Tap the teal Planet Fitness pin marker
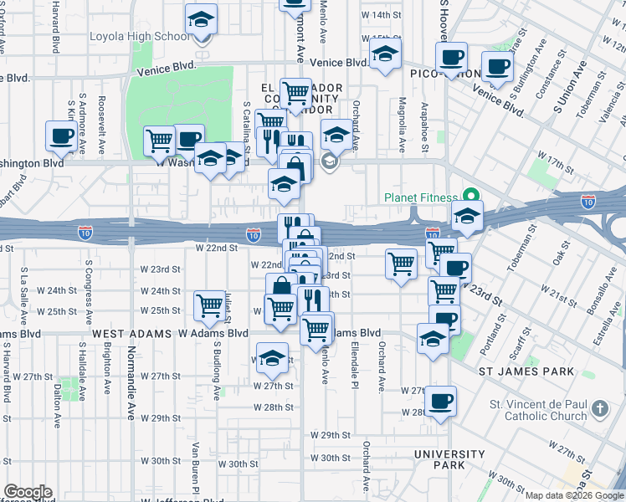(x=471, y=197)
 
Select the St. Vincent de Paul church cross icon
(x=599, y=408)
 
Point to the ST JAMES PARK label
(x=526, y=371)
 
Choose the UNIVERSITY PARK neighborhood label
(x=449, y=460)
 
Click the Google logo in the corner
(x=27, y=493)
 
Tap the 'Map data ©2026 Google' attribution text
(x=574, y=495)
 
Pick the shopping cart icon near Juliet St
(x=208, y=304)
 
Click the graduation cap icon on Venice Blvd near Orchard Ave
(x=385, y=56)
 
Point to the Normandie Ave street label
(x=131, y=393)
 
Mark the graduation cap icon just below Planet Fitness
(x=467, y=216)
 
